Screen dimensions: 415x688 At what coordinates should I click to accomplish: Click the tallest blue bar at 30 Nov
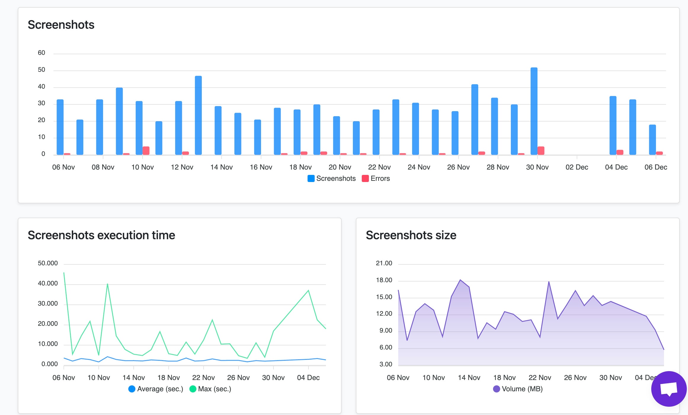[x=534, y=111]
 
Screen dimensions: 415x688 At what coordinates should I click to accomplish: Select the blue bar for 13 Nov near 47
[x=198, y=115]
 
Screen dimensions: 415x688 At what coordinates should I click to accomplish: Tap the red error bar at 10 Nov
[x=146, y=150]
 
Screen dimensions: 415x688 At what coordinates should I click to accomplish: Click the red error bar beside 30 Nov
[x=541, y=150]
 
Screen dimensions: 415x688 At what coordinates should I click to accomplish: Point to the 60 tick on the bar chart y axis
[x=41, y=53]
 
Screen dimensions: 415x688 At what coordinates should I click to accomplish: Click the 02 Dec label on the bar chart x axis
[x=577, y=167]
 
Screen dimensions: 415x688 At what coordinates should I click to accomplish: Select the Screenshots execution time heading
[x=101, y=235]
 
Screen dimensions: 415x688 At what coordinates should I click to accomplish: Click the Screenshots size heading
[x=411, y=235]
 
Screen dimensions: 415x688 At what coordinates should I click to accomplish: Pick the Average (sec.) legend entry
[x=156, y=389]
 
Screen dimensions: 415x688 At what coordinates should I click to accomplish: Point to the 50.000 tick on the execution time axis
[x=48, y=263]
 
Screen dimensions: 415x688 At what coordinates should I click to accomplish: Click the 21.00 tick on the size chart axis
[x=384, y=263]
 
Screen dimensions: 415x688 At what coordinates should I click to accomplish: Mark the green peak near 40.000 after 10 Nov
[x=107, y=284]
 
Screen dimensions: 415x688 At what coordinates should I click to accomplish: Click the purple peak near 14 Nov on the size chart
[x=460, y=280]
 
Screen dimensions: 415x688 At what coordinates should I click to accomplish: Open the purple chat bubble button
[x=669, y=389]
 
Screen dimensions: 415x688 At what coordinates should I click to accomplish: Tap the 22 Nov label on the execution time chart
[x=203, y=378]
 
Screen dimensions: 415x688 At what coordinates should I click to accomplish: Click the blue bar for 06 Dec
[x=652, y=139]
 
